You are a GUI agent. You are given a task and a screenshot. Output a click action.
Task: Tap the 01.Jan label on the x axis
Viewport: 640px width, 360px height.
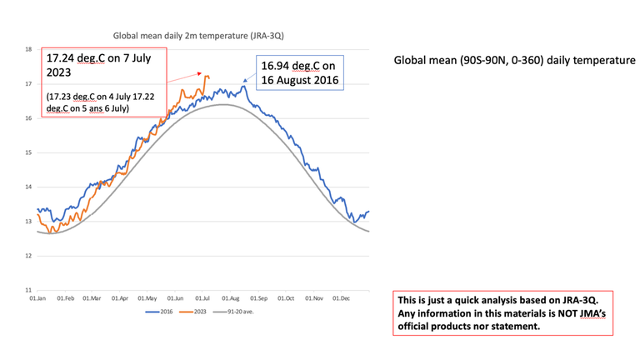[37, 297]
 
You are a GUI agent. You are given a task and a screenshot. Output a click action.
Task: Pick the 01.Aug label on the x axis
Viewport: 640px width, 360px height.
[231, 297]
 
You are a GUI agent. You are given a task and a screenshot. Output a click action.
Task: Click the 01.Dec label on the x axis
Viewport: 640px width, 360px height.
[342, 297]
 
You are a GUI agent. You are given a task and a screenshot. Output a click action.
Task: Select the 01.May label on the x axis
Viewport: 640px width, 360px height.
[147, 297]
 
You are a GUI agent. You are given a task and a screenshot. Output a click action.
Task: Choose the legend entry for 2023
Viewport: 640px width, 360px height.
[196, 312]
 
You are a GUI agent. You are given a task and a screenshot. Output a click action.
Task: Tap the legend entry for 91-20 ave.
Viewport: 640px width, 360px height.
[237, 312]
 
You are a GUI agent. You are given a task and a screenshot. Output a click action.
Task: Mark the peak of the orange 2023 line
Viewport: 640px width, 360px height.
[206, 76]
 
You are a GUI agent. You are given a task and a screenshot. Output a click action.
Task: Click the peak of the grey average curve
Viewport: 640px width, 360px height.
[223, 104]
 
